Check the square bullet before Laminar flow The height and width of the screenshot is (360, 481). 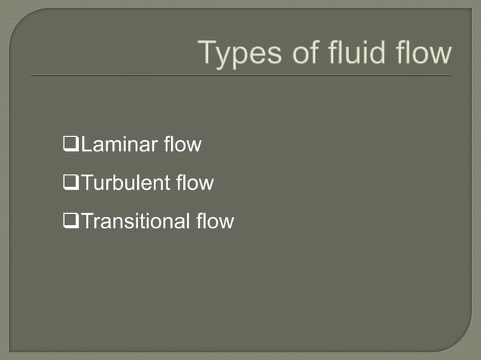(x=72, y=144)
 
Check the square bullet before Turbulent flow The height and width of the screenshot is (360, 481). (x=72, y=183)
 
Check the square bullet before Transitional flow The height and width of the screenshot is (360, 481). (x=72, y=222)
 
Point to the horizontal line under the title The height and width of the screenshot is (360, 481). (x=241, y=76)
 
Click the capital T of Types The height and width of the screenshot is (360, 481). (x=207, y=53)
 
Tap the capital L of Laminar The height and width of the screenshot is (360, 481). (x=85, y=144)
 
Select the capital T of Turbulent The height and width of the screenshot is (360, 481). (x=86, y=183)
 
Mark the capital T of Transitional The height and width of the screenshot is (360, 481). (x=86, y=222)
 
